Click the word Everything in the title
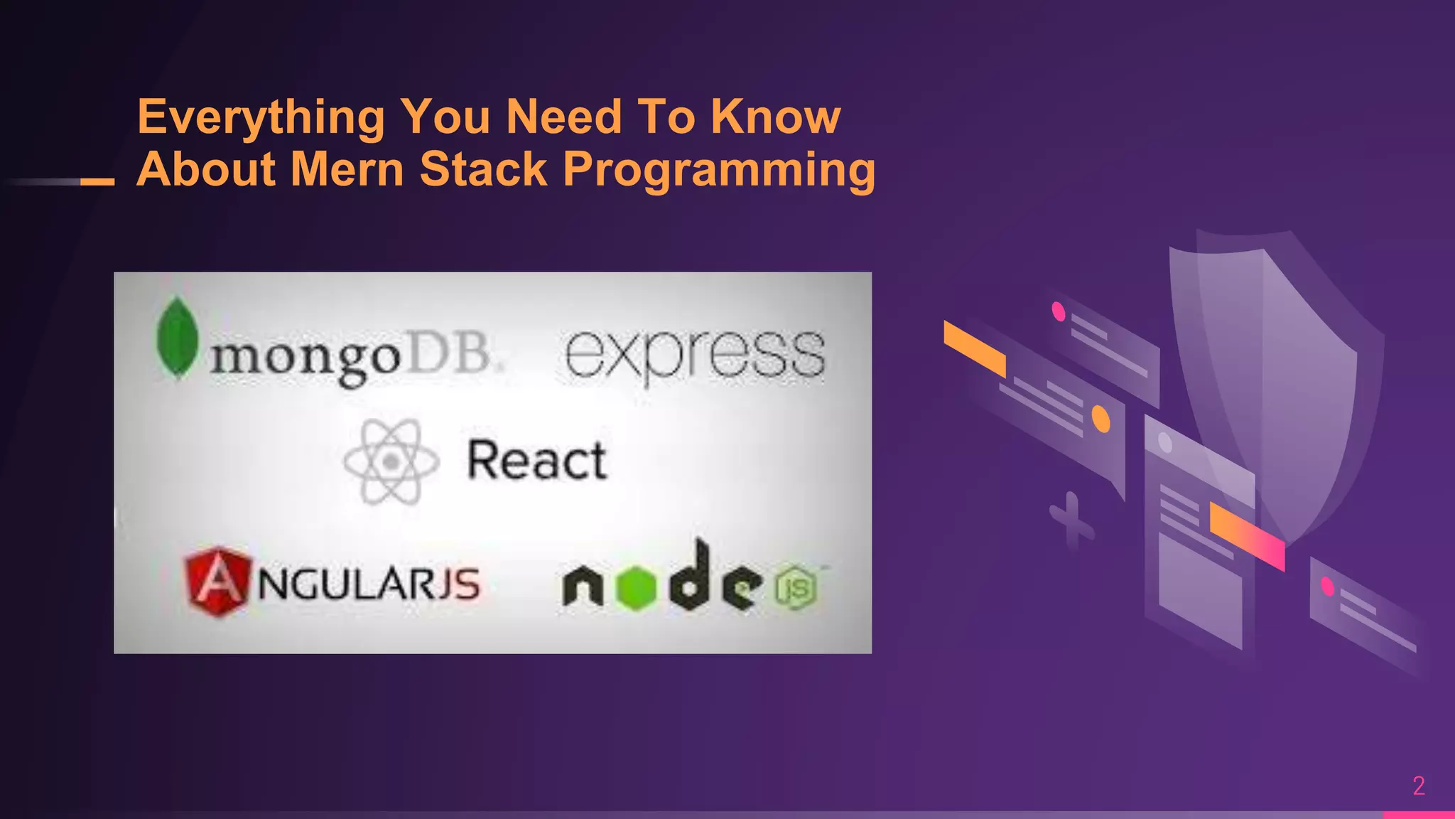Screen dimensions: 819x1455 (261, 117)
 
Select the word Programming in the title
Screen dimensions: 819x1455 (719, 171)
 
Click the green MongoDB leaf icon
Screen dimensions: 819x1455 (177, 338)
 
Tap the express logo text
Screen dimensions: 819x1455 (694, 355)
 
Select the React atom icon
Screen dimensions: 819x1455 (391, 462)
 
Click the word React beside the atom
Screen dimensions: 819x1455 (536, 461)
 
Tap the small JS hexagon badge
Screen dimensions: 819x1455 (796, 587)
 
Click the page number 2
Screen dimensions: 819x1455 (1419, 786)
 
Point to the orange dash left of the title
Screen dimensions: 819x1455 (97, 182)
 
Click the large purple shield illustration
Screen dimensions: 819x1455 (1279, 370)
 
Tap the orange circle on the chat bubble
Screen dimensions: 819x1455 (1100, 419)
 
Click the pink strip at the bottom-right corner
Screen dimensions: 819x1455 (1418, 815)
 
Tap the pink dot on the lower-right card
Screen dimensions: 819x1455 (1326, 587)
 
